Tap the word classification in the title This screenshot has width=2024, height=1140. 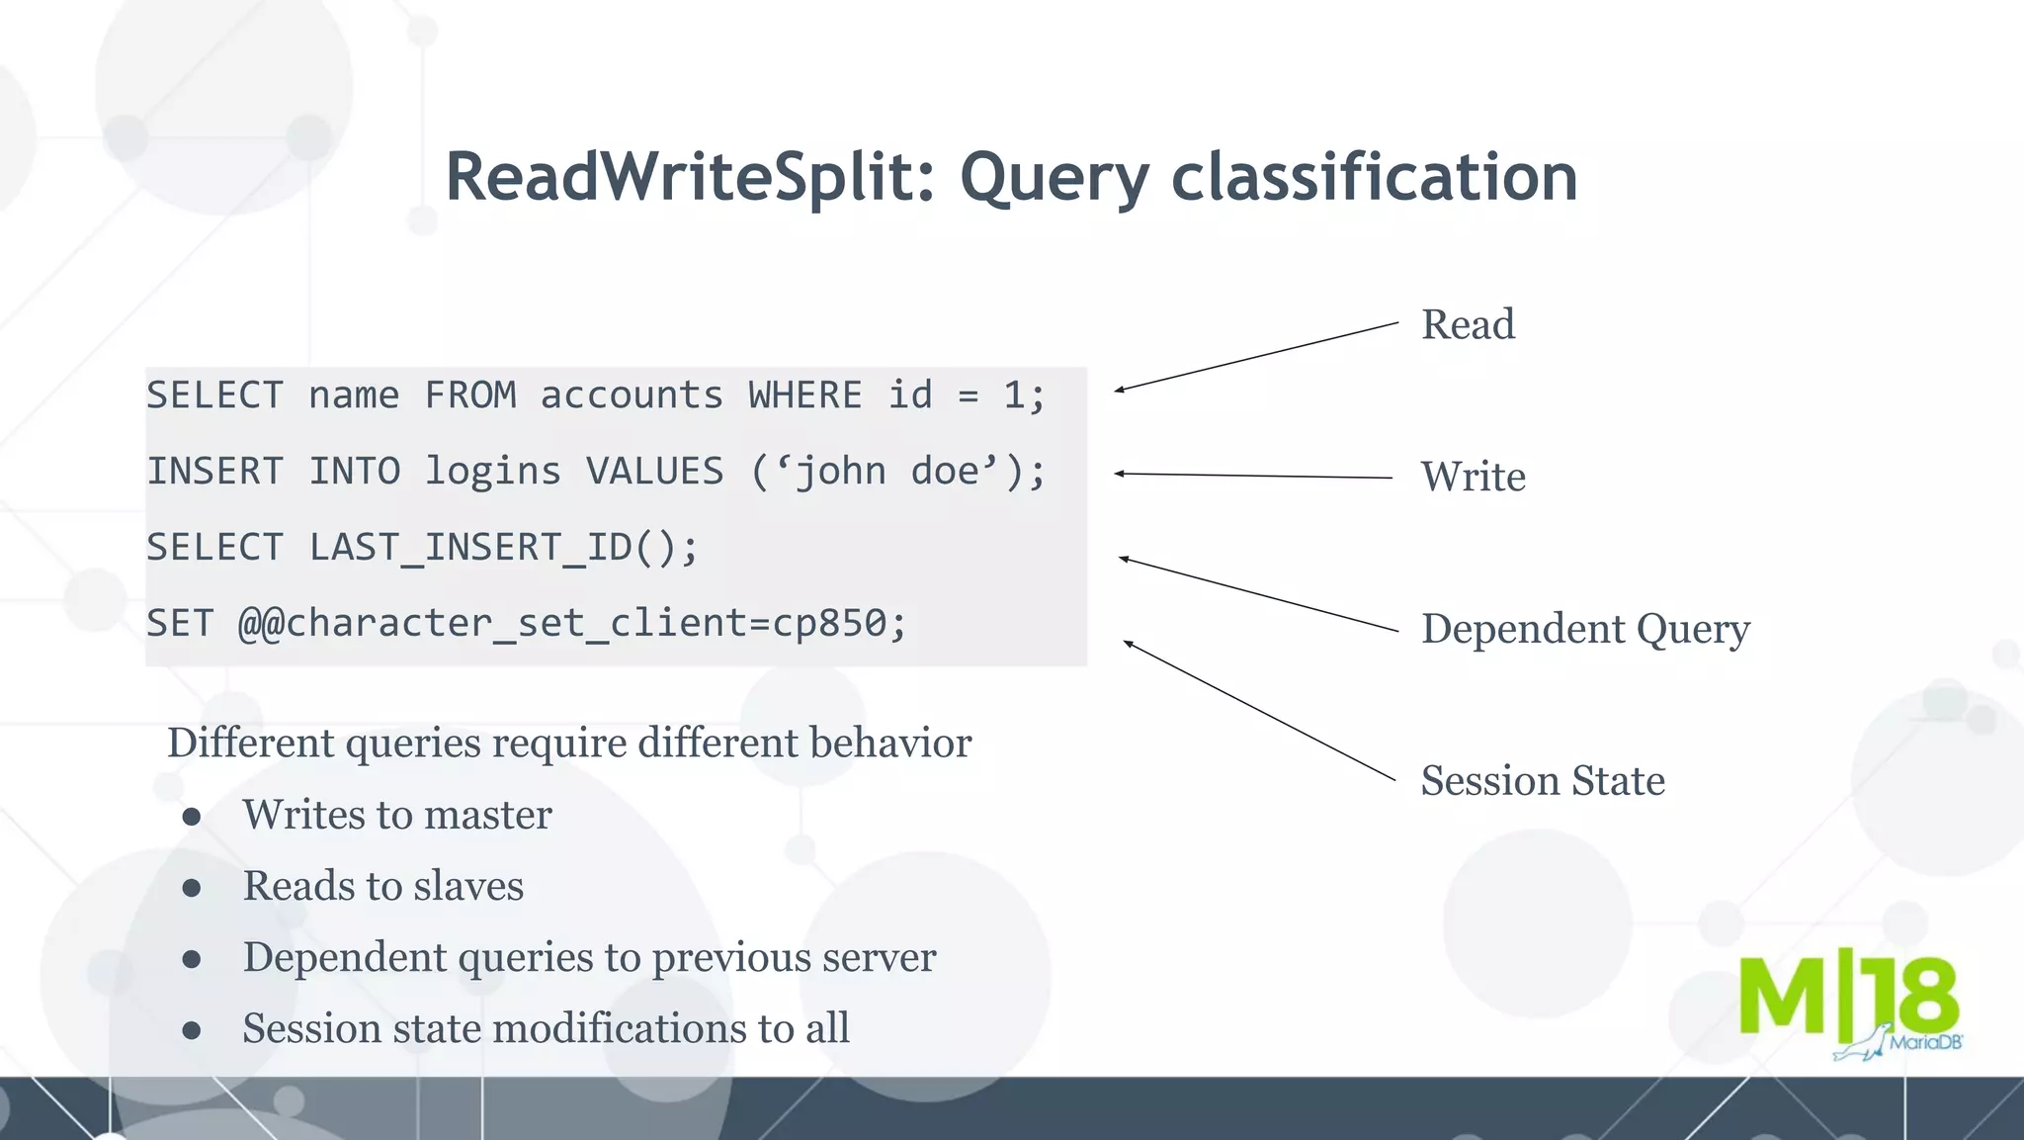(x=1374, y=178)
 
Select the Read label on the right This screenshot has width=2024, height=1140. (x=1467, y=325)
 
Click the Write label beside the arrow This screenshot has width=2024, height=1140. (x=1473, y=478)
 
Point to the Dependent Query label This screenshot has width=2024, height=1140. (x=1584, y=630)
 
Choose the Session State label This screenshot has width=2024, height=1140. (x=1542, y=781)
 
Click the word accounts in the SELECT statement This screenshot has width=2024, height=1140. (x=632, y=395)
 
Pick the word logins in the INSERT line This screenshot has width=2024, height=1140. (x=492, y=472)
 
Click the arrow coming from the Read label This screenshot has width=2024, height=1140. (x=1255, y=357)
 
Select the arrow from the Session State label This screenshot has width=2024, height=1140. (x=1260, y=712)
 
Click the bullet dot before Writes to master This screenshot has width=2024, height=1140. (x=192, y=817)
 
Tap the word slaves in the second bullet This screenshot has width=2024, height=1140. (x=468, y=886)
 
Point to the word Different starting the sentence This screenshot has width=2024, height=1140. (x=251, y=744)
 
